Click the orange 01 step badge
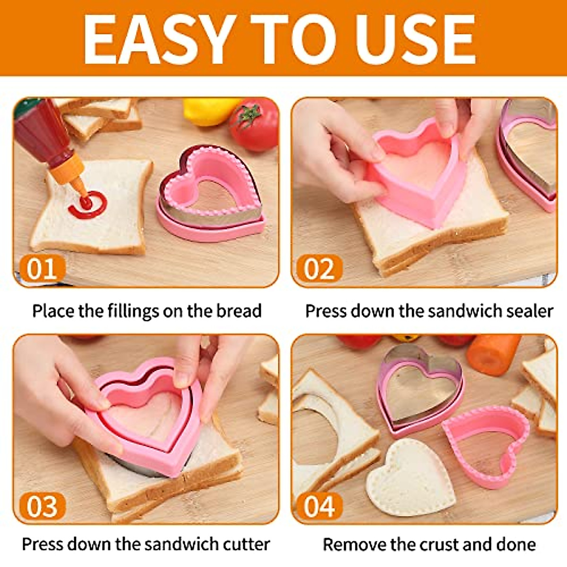[x=41, y=269]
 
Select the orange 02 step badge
[x=319, y=269]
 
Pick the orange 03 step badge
[x=41, y=506]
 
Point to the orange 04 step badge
[x=319, y=506]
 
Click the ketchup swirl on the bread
[x=87, y=205]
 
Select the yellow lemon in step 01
[x=208, y=111]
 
